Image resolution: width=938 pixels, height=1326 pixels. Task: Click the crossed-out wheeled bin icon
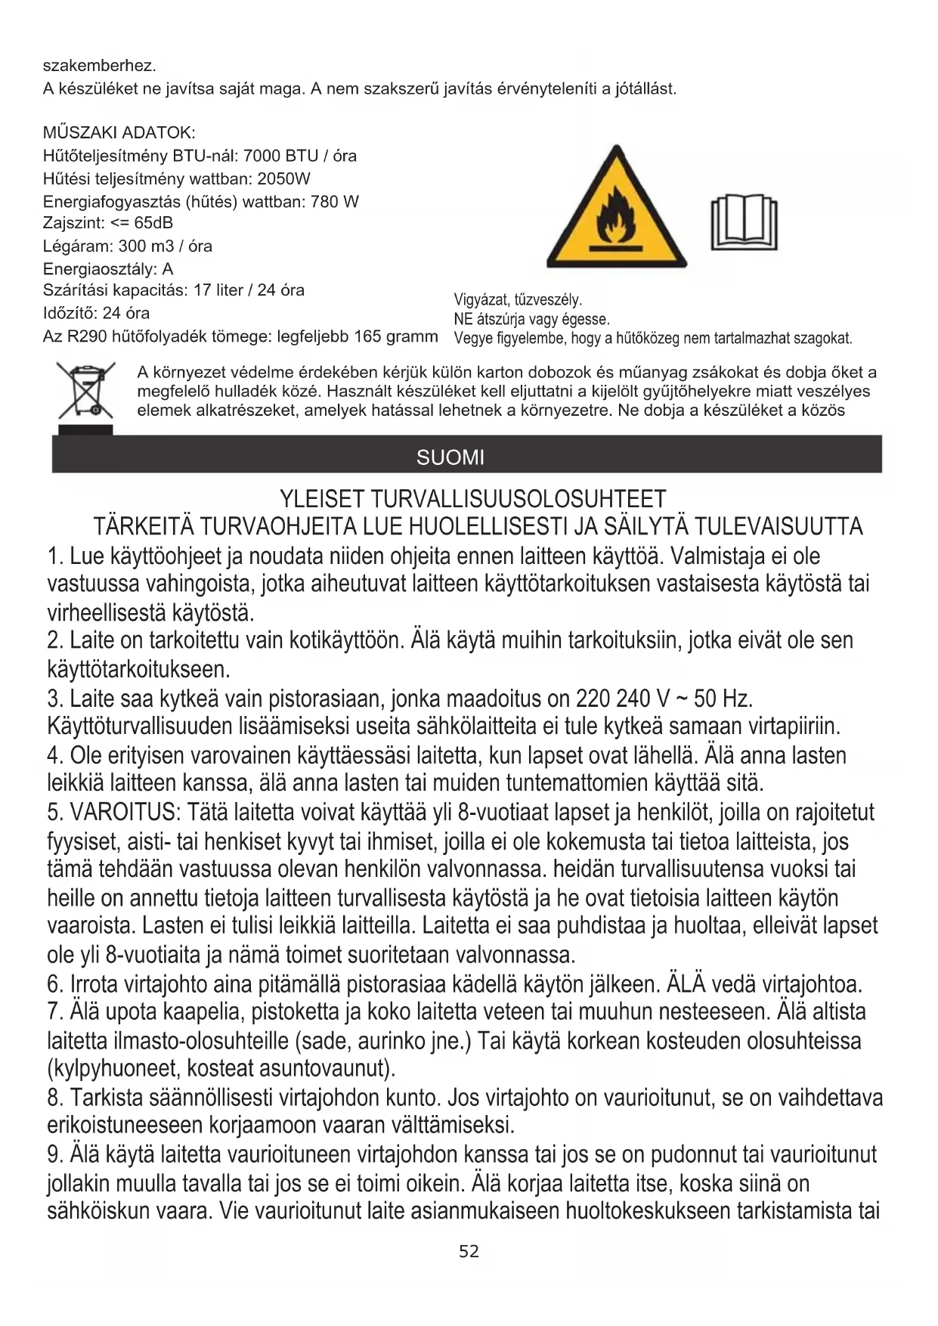(x=85, y=392)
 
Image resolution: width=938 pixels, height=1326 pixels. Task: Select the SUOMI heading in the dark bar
(x=450, y=457)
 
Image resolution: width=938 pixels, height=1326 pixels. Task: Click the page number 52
(x=469, y=1252)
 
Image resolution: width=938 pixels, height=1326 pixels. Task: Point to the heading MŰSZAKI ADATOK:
(x=119, y=133)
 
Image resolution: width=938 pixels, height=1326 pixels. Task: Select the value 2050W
(x=283, y=179)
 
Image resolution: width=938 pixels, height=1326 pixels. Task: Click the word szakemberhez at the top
(x=99, y=66)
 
